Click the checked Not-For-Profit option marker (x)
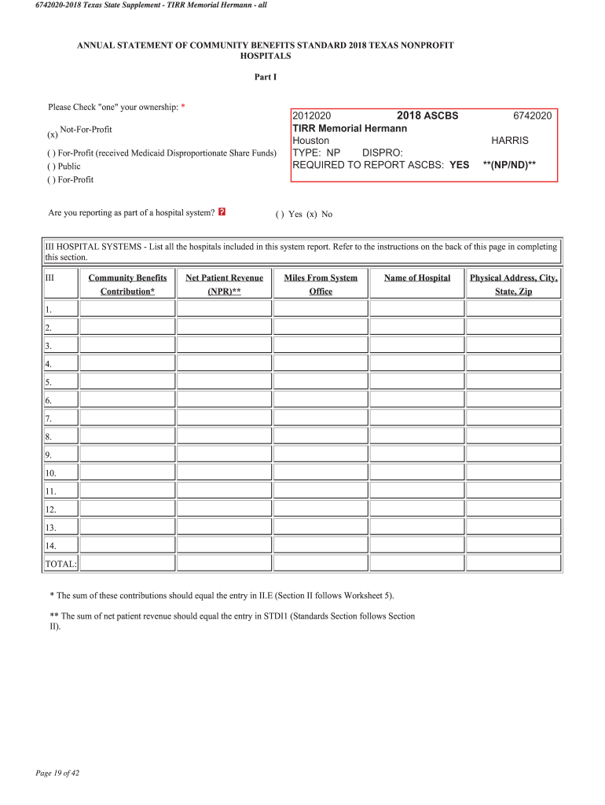[x=53, y=134]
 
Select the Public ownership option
[x=64, y=166]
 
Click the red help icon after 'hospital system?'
[x=222, y=212]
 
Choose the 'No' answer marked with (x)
[x=319, y=214]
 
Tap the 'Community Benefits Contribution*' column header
[x=127, y=284]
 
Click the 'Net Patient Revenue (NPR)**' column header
[x=224, y=284]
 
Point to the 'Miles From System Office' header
[x=321, y=284]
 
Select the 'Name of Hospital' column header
[x=417, y=278]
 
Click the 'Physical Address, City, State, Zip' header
[x=513, y=284]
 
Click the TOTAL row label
[x=60, y=564]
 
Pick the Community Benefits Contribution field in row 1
[x=127, y=309]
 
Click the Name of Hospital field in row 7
[x=417, y=418]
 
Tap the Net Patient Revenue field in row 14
[x=224, y=546]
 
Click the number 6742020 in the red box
[x=532, y=116]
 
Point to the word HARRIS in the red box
[x=510, y=140]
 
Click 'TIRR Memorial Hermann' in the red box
[x=350, y=128]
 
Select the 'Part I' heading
[x=265, y=77]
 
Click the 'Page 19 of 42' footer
[x=57, y=773]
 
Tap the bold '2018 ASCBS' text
[x=427, y=116]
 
